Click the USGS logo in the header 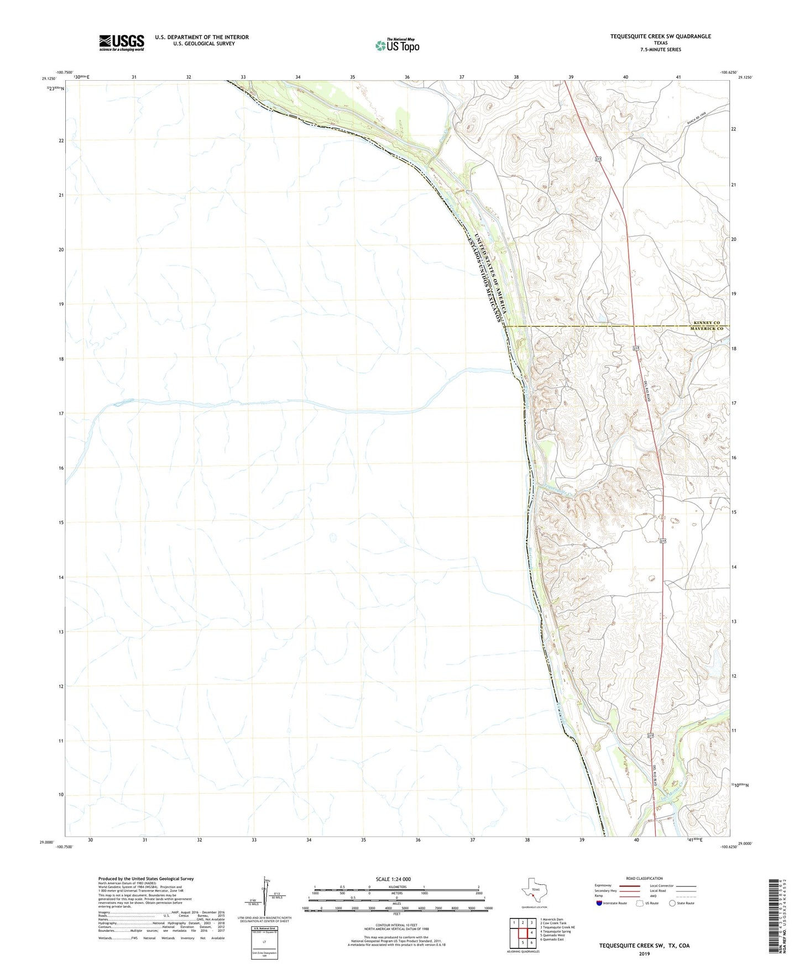(x=121, y=43)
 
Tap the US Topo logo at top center (x=397, y=45)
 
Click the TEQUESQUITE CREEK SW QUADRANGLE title (x=660, y=36)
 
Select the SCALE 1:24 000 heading (x=393, y=879)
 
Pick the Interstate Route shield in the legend (x=599, y=903)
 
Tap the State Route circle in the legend (x=672, y=903)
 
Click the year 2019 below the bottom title (x=644, y=953)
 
